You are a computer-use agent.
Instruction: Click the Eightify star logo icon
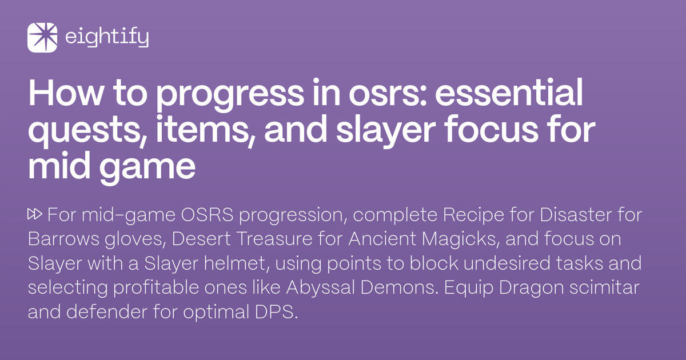(x=42, y=38)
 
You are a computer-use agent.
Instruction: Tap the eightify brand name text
(x=107, y=38)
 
